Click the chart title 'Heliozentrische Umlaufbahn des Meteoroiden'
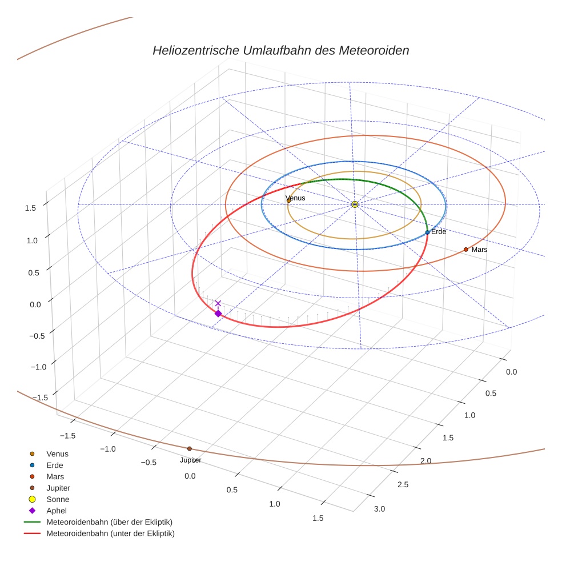pyautogui.click(x=280, y=50)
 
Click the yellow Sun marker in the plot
pyautogui.click(x=355, y=204)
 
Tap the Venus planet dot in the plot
pyautogui.click(x=288, y=200)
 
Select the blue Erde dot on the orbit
pyautogui.click(x=427, y=232)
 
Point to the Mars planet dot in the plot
pyautogui.click(x=465, y=250)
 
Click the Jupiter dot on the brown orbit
pyautogui.click(x=189, y=448)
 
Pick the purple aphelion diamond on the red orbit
pyautogui.click(x=218, y=313)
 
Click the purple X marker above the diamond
pyautogui.click(x=218, y=303)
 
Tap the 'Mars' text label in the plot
pyautogui.click(x=479, y=250)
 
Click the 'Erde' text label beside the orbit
pyautogui.click(x=439, y=231)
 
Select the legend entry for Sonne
pyautogui.click(x=58, y=499)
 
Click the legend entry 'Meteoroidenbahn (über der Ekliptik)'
pyautogui.click(x=109, y=522)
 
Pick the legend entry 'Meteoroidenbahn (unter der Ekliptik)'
pyautogui.click(x=110, y=533)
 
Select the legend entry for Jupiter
pyautogui.click(x=58, y=488)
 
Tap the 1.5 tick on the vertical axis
pyautogui.click(x=30, y=208)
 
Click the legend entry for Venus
pyautogui.click(x=57, y=453)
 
